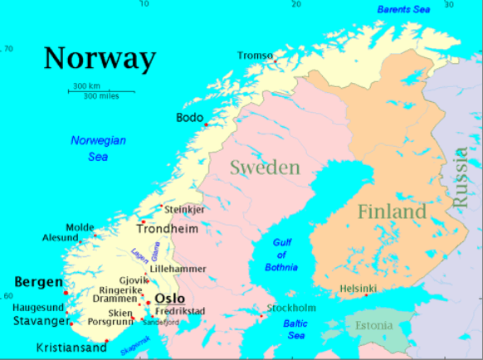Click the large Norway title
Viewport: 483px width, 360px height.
point(100,59)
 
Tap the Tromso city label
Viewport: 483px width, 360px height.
point(255,56)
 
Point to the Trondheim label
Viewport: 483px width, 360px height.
point(168,228)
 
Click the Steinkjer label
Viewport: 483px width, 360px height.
point(184,210)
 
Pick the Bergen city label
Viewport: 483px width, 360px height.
point(38,282)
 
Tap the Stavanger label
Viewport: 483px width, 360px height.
point(41,321)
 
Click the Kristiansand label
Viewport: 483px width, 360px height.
point(71,348)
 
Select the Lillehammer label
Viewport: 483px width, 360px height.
point(177,270)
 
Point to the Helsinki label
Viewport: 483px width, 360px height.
point(359,289)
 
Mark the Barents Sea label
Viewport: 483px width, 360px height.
point(405,9)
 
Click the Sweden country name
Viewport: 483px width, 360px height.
point(265,168)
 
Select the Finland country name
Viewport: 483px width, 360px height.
point(392,212)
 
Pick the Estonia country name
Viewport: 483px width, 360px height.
point(374,325)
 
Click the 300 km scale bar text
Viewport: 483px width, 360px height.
point(87,85)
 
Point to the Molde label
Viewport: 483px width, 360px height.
point(80,226)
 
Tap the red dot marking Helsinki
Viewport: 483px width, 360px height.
point(366,295)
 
